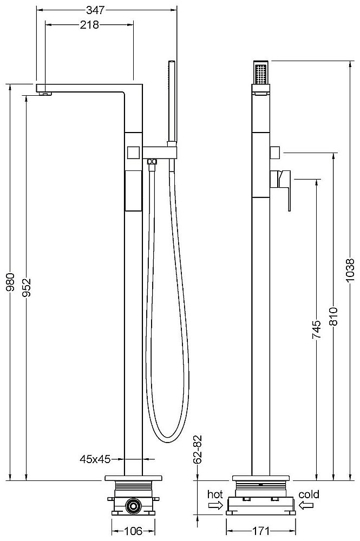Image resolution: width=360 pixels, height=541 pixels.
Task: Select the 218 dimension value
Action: [89, 25]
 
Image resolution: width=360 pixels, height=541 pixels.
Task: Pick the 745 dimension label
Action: [317, 330]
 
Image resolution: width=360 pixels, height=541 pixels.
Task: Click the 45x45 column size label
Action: [95, 459]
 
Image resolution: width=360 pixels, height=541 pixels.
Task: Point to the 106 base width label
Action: [131, 531]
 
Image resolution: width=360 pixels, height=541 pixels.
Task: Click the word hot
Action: [215, 494]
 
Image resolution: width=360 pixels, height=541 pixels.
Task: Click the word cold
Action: [309, 494]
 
